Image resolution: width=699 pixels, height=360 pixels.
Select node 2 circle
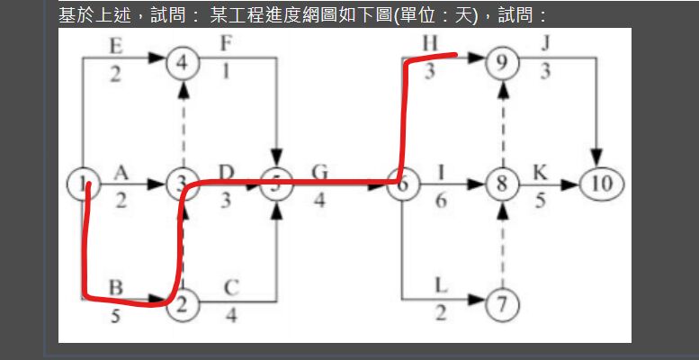183,306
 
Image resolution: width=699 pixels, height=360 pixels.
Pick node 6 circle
403,184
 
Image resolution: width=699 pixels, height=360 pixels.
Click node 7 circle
502,306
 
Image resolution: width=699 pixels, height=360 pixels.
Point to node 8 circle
502,184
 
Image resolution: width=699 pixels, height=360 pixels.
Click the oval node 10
602,184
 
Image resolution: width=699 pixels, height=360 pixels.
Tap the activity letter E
114,46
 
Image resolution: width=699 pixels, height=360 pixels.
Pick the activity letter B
116,289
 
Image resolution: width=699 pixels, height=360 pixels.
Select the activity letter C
230,289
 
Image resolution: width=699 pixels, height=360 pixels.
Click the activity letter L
441,285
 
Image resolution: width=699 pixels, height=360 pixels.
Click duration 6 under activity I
441,202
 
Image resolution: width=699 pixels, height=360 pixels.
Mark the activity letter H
429,45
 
